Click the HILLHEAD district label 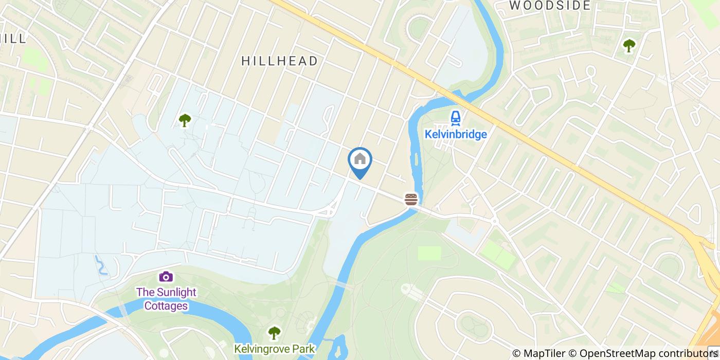point(280,61)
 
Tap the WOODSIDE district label point(550,6)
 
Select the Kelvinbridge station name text point(456,134)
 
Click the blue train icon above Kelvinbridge point(455,119)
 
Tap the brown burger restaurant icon point(410,199)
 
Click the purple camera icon point(166,277)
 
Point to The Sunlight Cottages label point(166,299)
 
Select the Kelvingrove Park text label point(274,349)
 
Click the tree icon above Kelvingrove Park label point(274,333)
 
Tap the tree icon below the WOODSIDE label point(628,46)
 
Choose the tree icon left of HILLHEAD point(185,120)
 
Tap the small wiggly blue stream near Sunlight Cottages point(100,264)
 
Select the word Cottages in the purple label point(166,306)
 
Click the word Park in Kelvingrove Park point(301,349)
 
